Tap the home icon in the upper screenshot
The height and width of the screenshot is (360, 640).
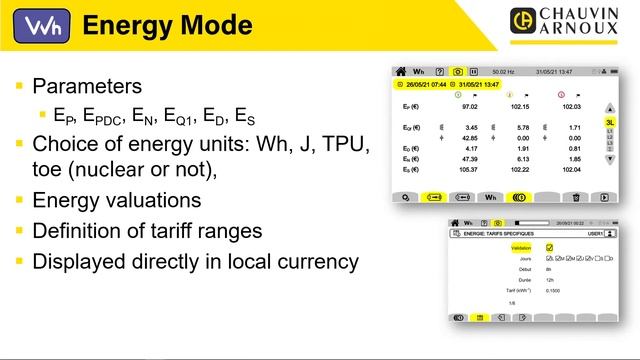(401, 72)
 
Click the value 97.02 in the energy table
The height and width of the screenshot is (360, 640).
(471, 105)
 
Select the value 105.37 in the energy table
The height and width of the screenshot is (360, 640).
(469, 169)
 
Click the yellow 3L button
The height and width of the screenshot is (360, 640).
(609, 122)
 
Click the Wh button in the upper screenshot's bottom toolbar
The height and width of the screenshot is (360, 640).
(491, 198)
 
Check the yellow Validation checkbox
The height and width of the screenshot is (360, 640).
(549, 246)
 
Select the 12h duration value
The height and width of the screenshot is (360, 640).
(550, 280)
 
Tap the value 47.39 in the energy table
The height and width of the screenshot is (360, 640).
(471, 158)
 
